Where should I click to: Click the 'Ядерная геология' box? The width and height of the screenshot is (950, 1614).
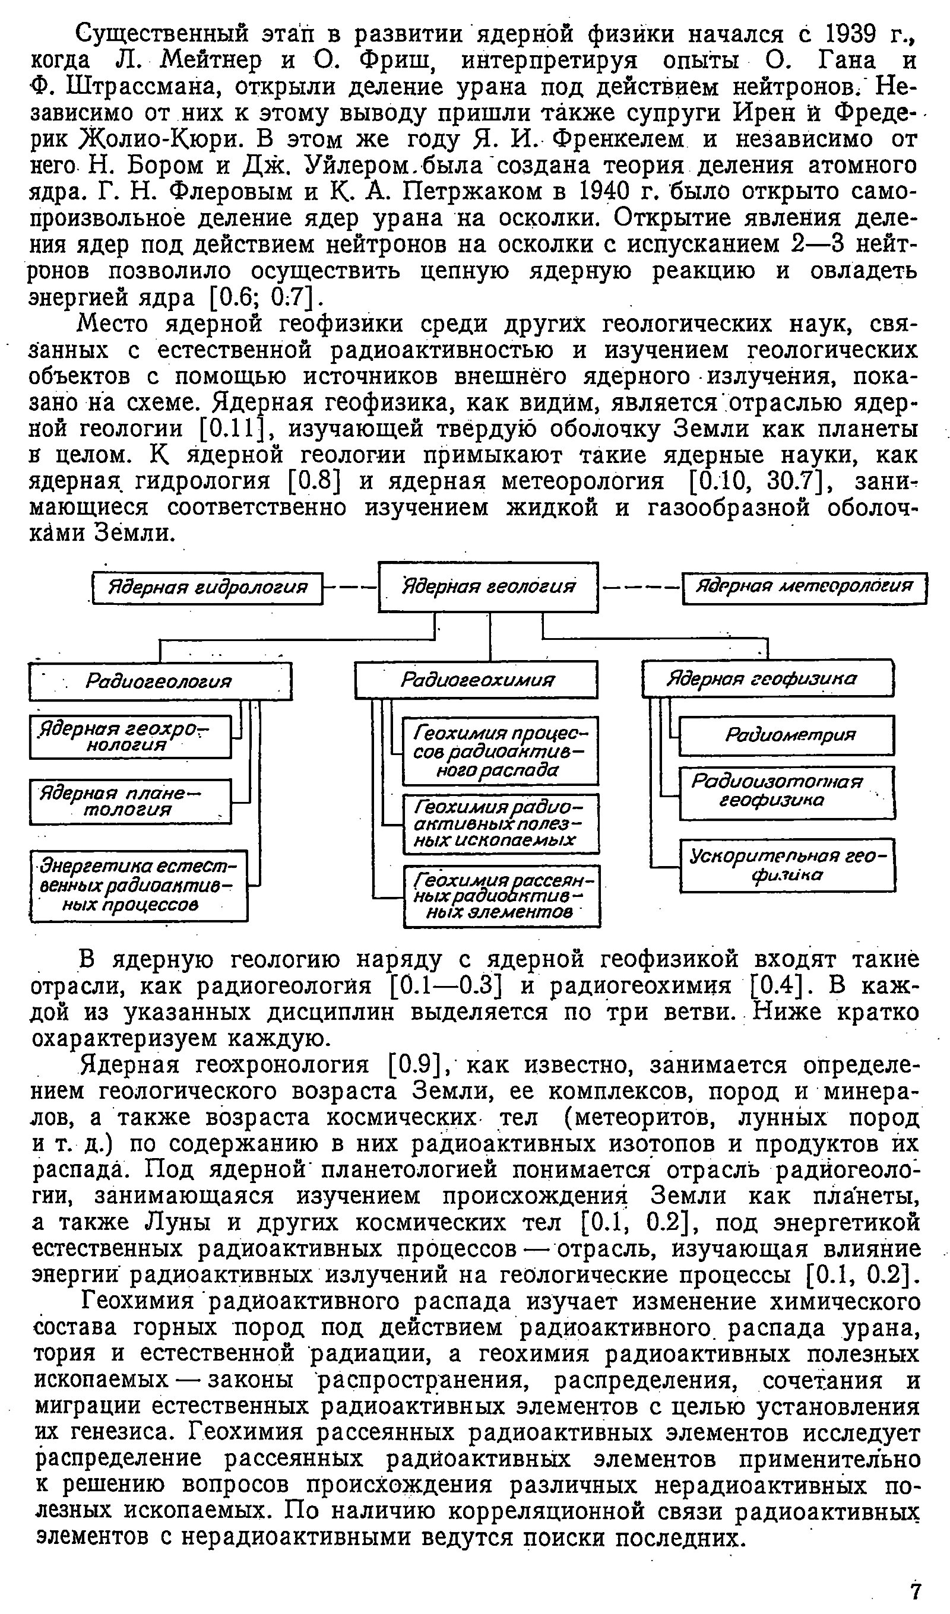pyautogui.click(x=488, y=586)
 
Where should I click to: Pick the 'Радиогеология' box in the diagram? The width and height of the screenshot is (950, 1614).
pyautogui.click(x=160, y=681)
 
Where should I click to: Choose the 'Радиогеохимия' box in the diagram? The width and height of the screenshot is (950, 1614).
pyautogui.click(x=477, y=680)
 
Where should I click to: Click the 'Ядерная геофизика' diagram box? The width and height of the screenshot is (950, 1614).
pyautogui.click(x=768, y=678)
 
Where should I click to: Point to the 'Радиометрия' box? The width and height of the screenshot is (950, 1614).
pyautogui.click(x=786, y=735)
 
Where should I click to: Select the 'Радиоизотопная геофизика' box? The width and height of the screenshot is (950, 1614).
pyautogui.click(x=787, y=793)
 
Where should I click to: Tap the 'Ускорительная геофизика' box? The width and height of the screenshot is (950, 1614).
pyautogui.click(x=787, y=865)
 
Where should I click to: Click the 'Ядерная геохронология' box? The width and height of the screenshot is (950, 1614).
pyautogui.click(x=130, y=737)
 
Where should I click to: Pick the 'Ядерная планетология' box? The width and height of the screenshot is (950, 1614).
pyautogui.click(x=130, y=801)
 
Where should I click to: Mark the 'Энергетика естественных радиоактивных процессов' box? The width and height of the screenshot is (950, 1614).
pyautogui.click(x=138, y=886)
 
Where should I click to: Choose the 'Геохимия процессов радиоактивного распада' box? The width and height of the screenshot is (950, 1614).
pyautogui.click(x=501, y=751)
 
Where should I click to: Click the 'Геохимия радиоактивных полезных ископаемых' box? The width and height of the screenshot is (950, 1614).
pyautogui.click(x=501, y=824)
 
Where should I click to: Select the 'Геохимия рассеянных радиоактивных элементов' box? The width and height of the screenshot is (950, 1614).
pyautogui.click(x=502, y=896)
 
